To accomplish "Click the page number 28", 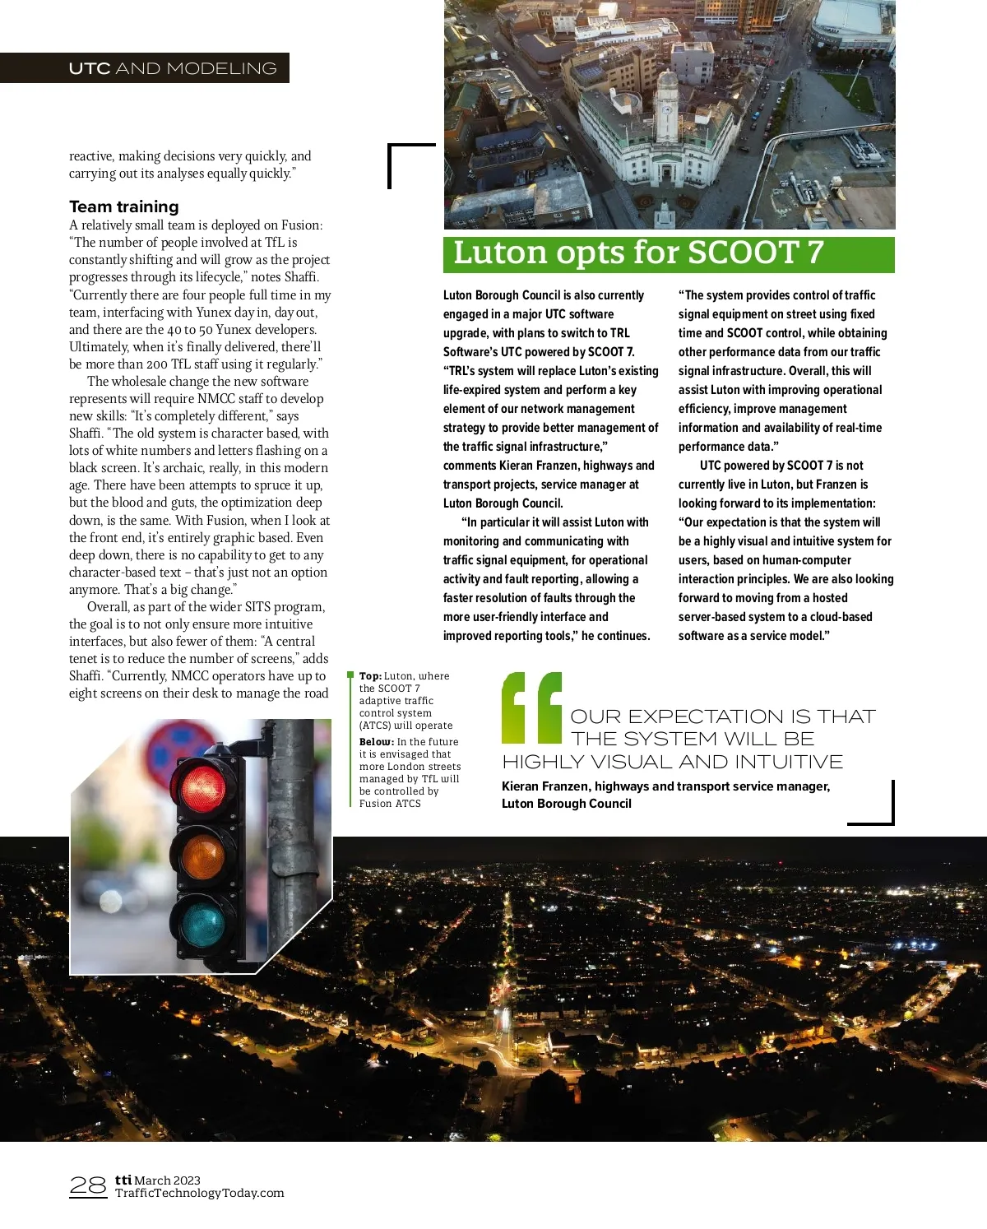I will [88, 1185].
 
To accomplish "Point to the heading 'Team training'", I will [123, 206].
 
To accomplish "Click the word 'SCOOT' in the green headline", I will [744, 253].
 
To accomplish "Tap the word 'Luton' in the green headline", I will [500, 253].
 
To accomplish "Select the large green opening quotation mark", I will [531, 707].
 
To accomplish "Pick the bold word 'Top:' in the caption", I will [370, 676].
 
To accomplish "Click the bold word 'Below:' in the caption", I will [376, 742].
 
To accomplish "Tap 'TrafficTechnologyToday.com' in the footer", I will [199, 1193].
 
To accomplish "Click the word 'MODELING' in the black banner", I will [221, 68].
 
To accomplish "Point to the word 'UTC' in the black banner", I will [90, 68].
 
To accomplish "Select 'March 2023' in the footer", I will [168, 1180].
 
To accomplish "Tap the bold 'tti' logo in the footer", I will [123, 1180].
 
